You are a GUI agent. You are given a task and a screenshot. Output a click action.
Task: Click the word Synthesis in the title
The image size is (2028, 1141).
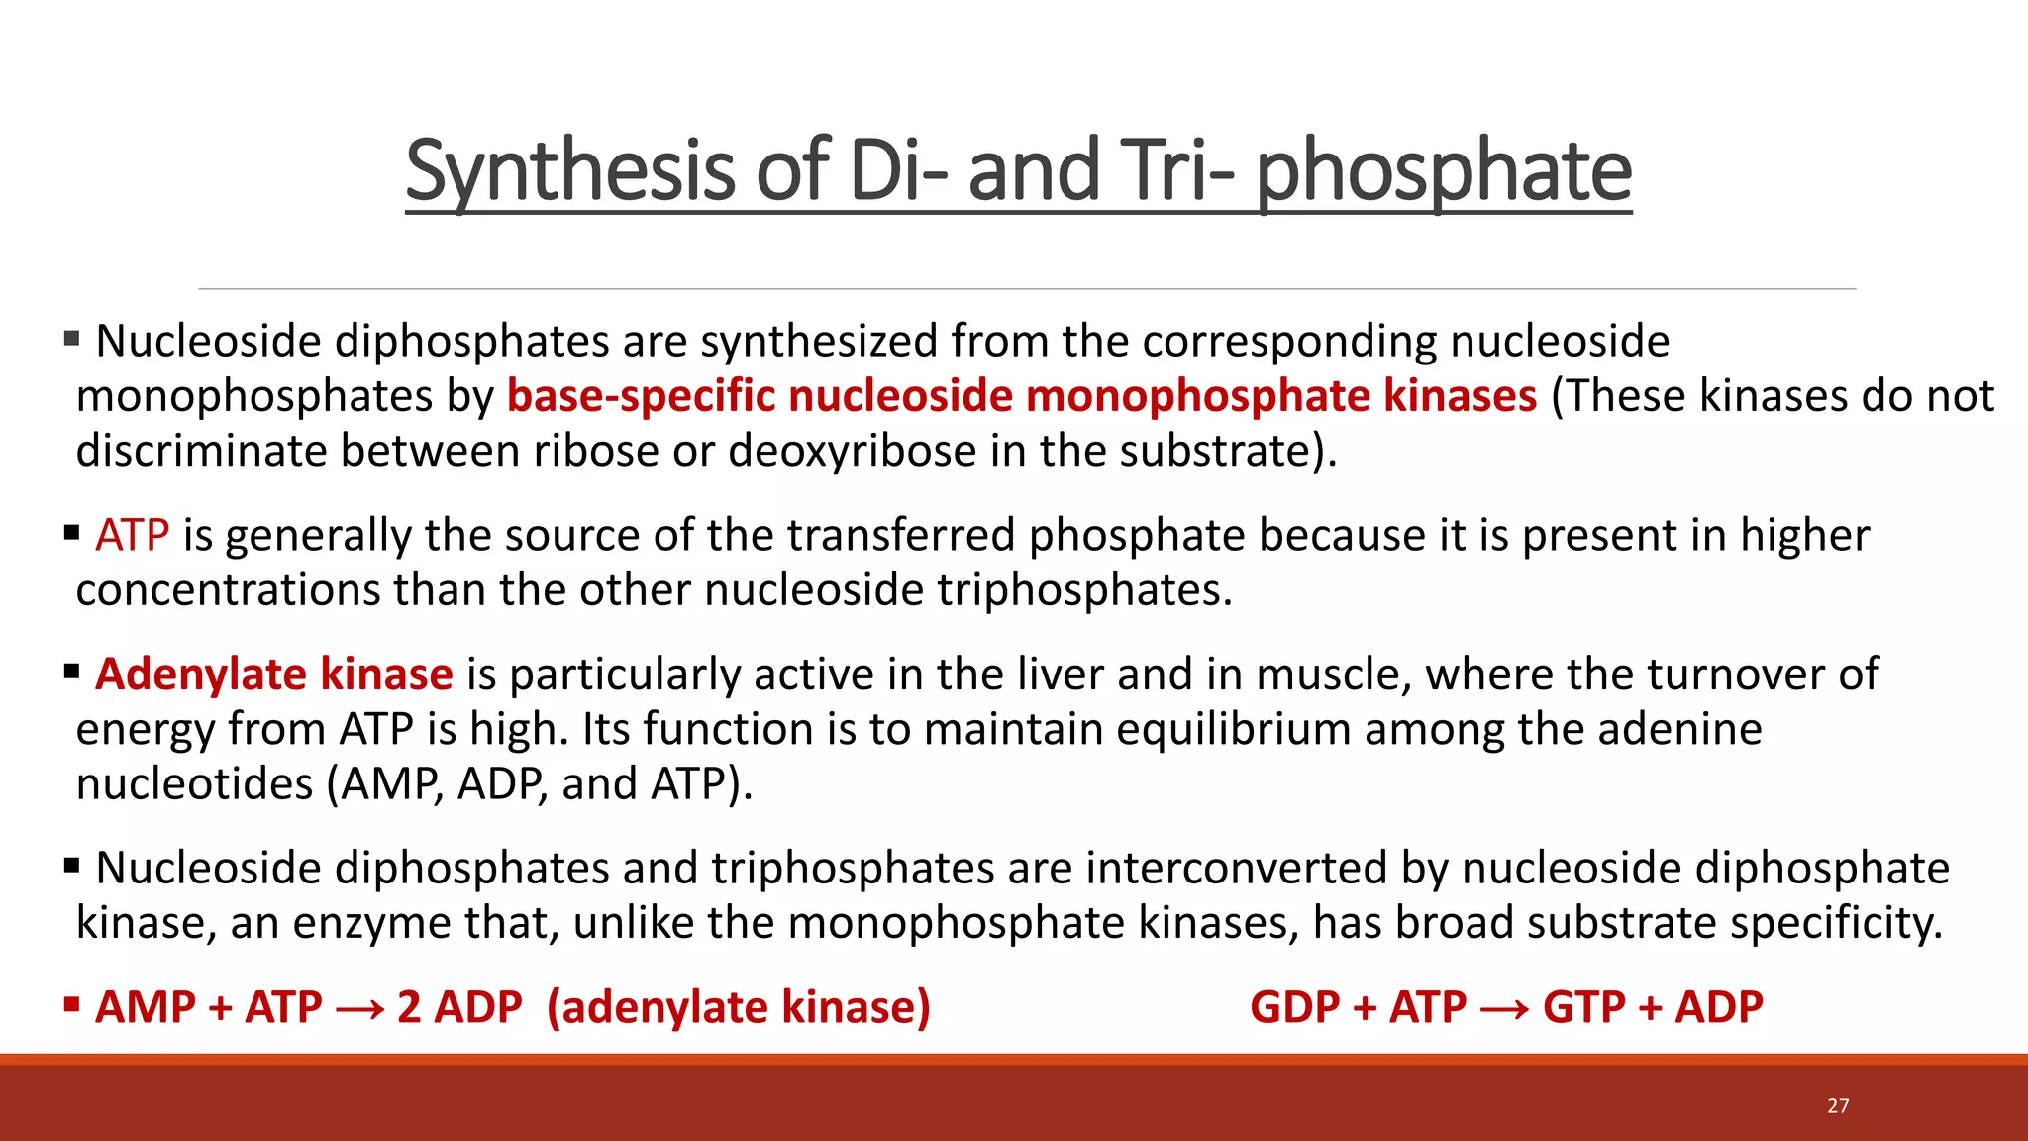[568, 170]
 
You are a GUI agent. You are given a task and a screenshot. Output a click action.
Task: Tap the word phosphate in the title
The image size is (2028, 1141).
[1444, 170]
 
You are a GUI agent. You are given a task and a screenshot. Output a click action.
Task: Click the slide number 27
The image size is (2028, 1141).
[1838, 1106]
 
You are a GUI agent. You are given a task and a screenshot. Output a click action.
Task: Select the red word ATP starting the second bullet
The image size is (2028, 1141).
[132, 535]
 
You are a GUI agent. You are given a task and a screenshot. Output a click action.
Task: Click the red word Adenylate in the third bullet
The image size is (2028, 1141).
[201, 674]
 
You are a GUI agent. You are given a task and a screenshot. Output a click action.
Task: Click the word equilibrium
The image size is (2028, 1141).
[1233, 729]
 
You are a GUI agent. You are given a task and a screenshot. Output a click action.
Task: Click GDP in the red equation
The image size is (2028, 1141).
[1293, 1007]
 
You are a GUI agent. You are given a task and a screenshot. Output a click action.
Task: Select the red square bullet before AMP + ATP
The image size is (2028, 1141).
[71, 1005]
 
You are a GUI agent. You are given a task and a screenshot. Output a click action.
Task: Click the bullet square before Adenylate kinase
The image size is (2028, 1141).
[71, 673]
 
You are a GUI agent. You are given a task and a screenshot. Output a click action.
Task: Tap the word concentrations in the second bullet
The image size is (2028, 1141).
[228, 590]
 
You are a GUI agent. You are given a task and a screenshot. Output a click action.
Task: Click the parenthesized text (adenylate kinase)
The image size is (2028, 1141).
[738, 1007]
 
